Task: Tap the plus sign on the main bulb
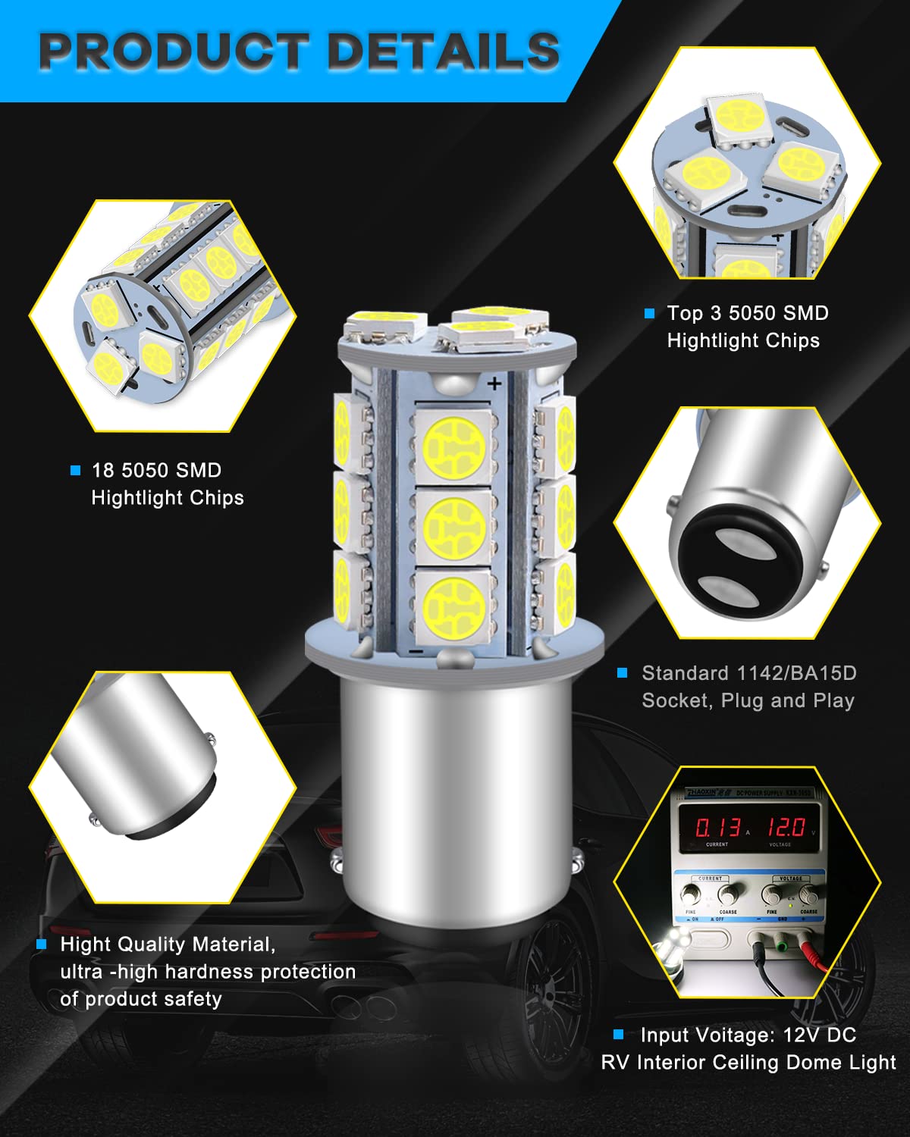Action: pyautogui.click(x=494, y=384)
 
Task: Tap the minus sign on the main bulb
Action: pyautogui.click(x=416, y=650)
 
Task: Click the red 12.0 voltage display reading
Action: pyautogui.click(x=786, y=826)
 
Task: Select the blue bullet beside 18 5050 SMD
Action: pyautogui.click(x=75, y=471)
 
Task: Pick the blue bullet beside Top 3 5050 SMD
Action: pyautogui.click(x=649, y=313)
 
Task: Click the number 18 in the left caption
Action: pyautogui.click(x=103, y=471)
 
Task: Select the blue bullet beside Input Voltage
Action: pyautogui.click(x=619, y=1035)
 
